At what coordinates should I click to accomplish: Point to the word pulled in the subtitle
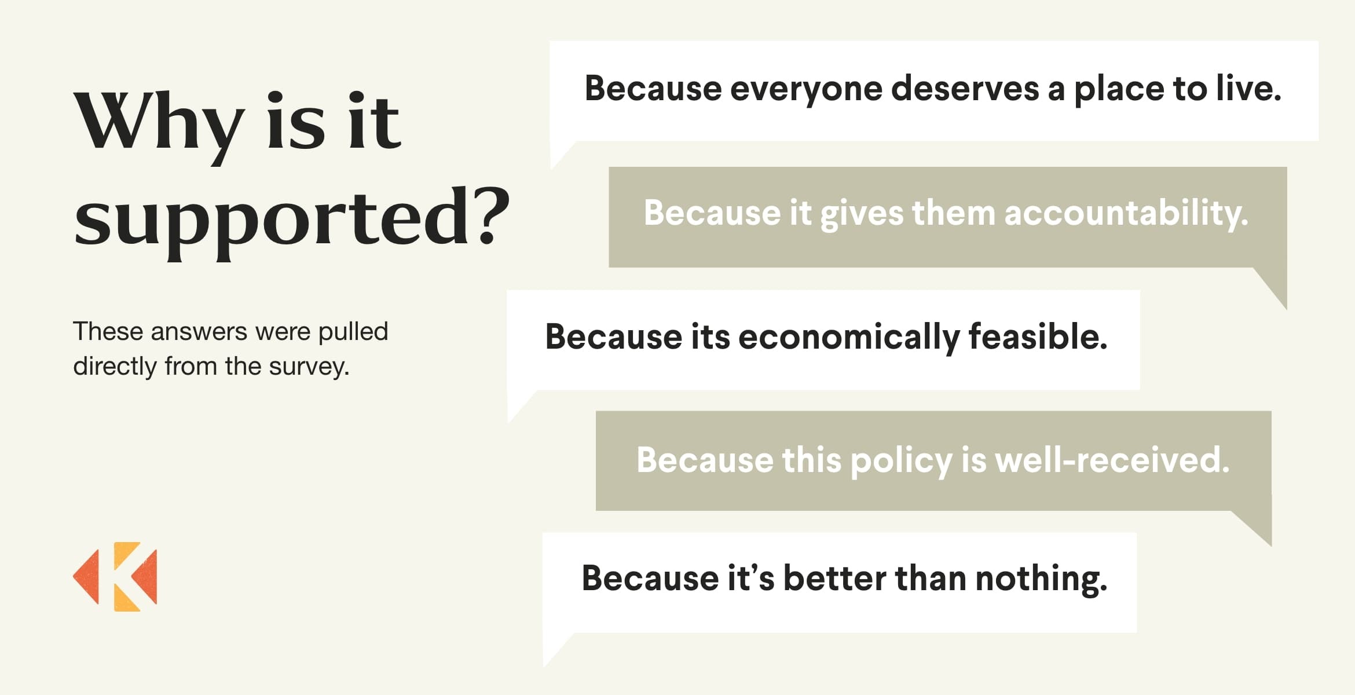[x=353, y=332]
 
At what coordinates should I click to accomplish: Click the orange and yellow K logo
[x=115, y=576]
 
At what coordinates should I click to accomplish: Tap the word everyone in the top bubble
[x=806, y=90]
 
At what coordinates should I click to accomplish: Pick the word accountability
[x=1126, y=214]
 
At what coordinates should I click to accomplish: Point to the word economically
[x=849, y=338]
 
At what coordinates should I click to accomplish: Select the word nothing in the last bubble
[x=1041, y=579]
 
